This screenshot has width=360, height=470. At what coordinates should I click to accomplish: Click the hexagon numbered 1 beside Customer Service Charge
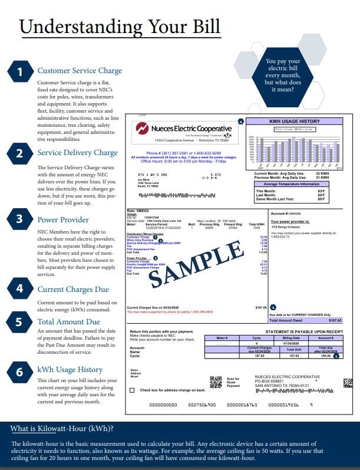click(x=20, y=72)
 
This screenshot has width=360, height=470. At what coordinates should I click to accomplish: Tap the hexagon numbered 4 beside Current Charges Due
click(x=20, y=289)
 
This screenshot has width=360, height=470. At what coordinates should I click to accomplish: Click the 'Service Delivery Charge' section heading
click(x=77, y=153)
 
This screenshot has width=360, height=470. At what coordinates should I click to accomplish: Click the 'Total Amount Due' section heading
click(x=69, y=322)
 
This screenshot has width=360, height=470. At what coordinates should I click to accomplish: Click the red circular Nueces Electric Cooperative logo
click(x=143, y=129)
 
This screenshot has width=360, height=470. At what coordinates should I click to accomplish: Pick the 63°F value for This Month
click(x=338, y=191)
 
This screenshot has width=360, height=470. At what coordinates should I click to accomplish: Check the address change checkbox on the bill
click(x=132, y=390)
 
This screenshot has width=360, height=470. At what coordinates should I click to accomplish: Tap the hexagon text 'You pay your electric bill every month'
click(x=283, y=75)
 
